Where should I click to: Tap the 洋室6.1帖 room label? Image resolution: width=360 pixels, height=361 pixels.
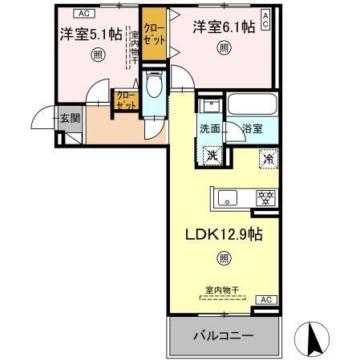pyautogui.click(x=224, y=27)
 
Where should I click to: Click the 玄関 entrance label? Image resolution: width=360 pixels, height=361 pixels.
pyautogui.click(x=70, y=118)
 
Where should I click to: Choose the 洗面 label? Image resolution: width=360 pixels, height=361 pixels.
pyautogui.click(x=209, y=127)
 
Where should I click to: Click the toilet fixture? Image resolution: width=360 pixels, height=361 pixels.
pyautogui.click(x=155, y=85)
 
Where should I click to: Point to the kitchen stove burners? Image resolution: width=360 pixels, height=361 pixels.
pyautogui.click(x=263, y=197)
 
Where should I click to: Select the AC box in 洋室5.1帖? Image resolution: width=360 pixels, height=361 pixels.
pyautogui.click(x=83, y=12)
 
